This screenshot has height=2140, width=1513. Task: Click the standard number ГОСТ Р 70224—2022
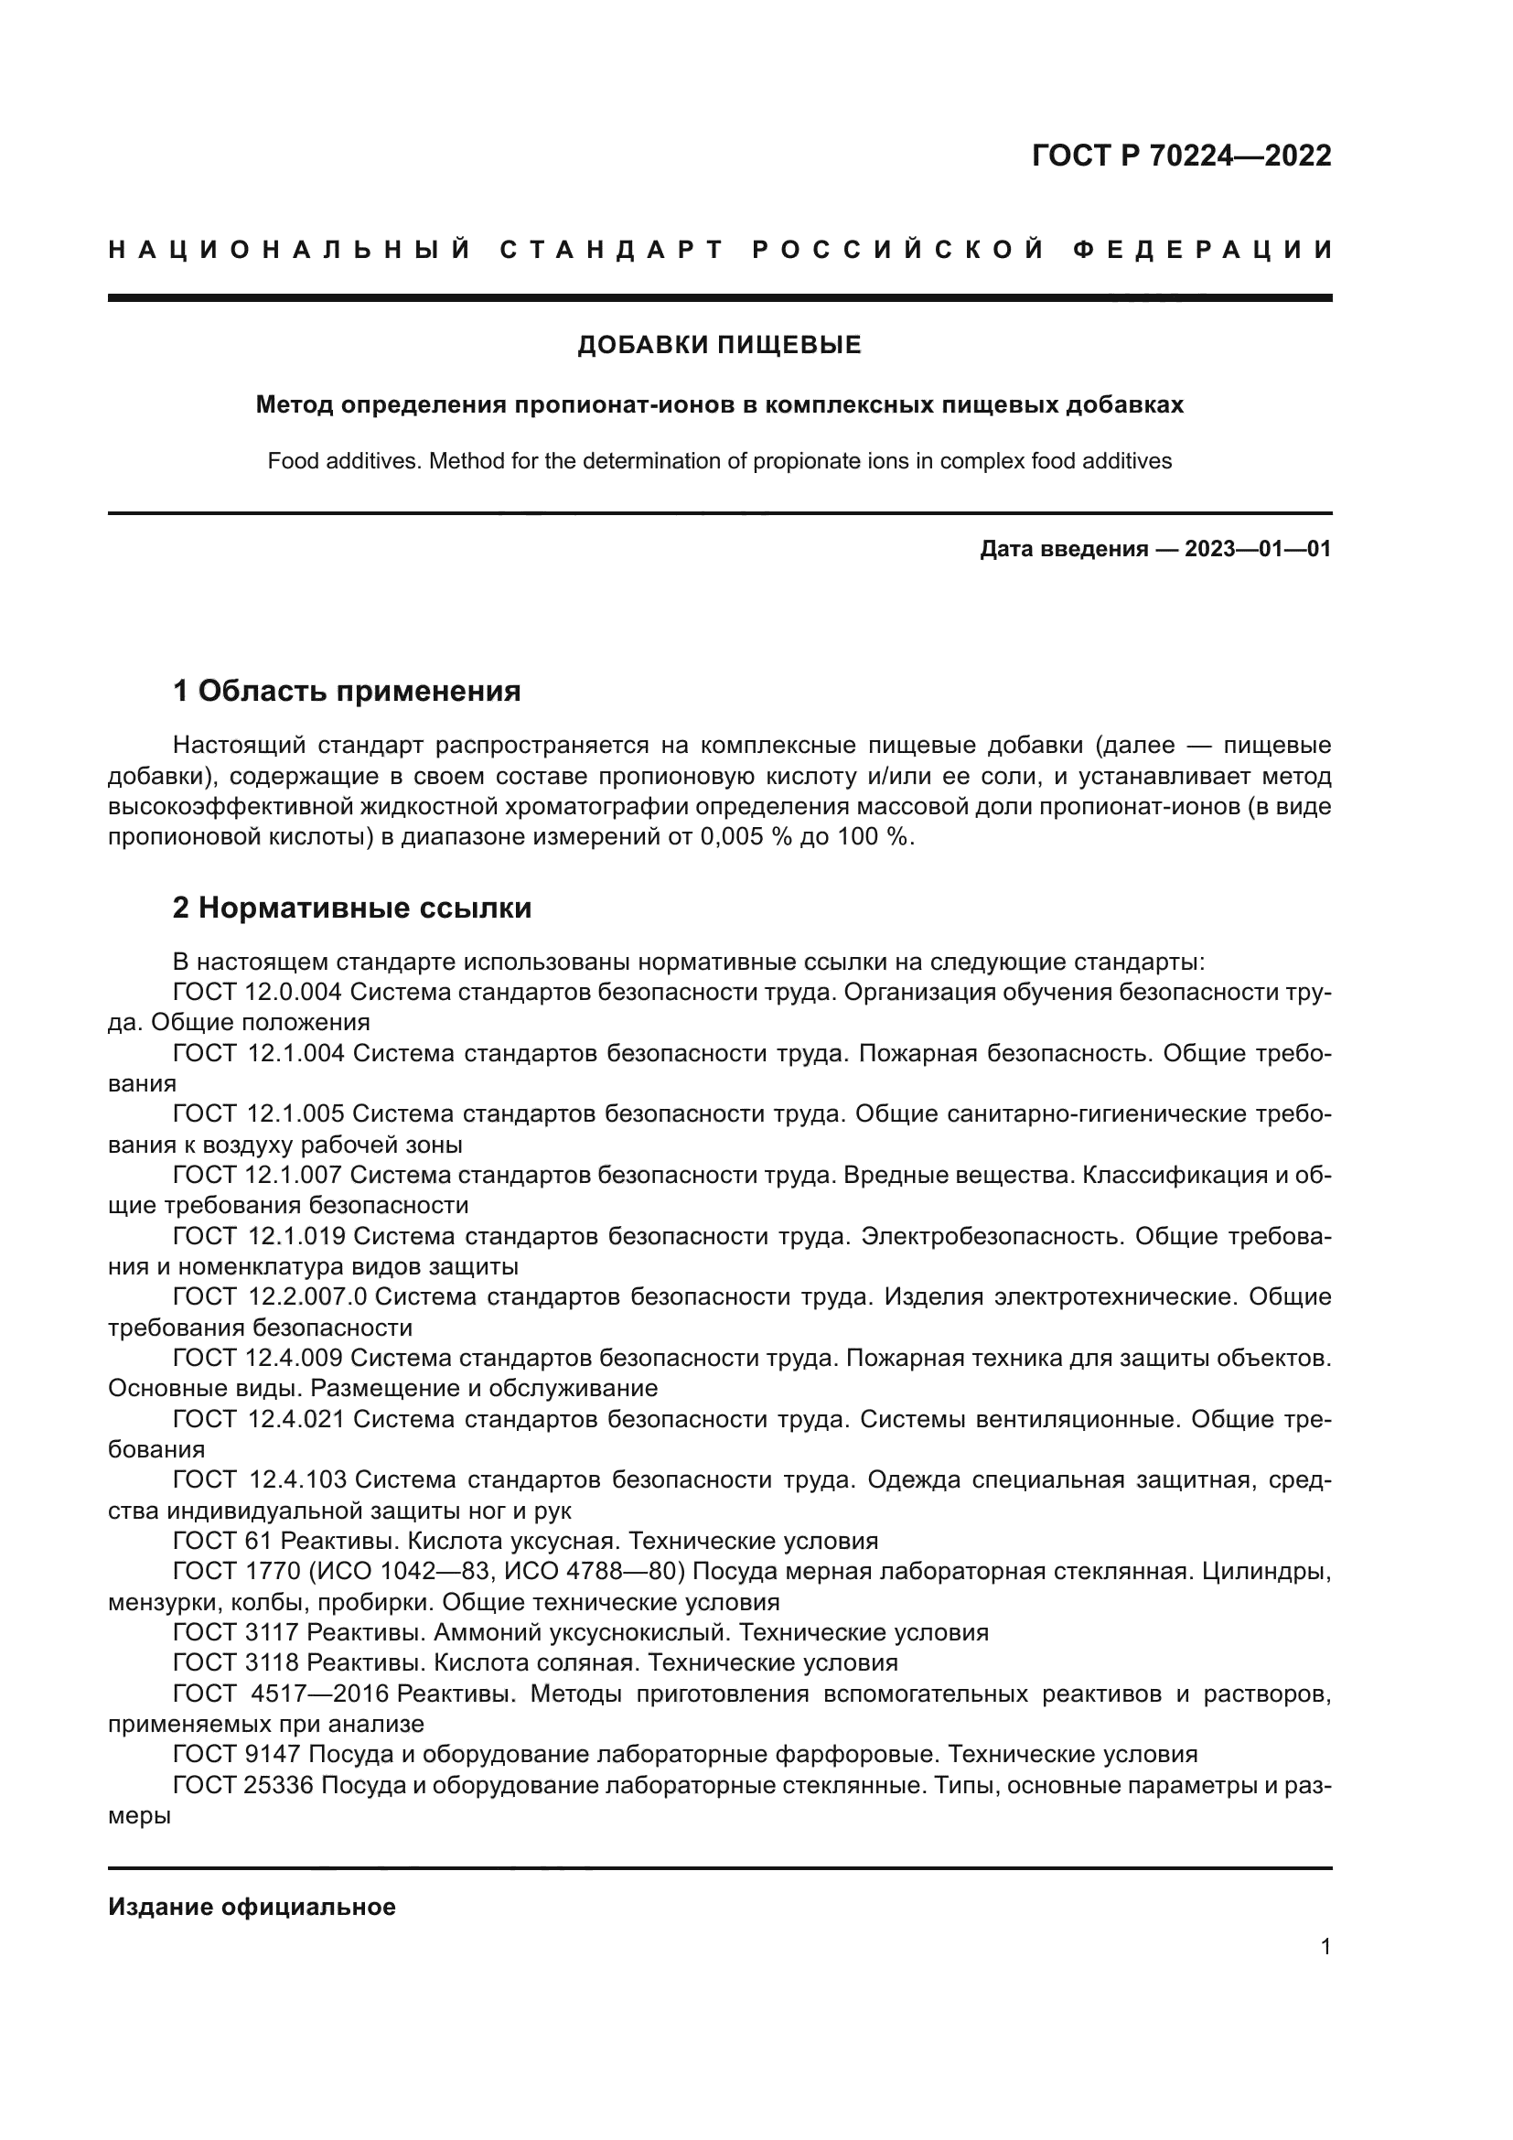coord(1180,156)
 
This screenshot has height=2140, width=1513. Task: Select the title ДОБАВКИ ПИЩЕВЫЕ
coord(719,346)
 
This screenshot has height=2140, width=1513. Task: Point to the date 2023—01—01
coord(1258,549)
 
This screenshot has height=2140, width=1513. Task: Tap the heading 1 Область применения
coord(347,691)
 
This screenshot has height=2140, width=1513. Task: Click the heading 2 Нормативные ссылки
coord(352,907)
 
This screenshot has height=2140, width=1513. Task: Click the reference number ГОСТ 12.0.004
coord(258,992)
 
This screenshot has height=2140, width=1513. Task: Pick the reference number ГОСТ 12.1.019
coord(259,1236)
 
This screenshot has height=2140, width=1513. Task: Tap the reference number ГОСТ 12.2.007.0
coord(270,1296)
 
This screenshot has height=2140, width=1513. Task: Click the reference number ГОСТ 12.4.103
coord(260,1479)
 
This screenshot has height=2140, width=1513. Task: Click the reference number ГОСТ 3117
coord(235,1632)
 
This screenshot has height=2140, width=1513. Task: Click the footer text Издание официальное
coord(252,1907)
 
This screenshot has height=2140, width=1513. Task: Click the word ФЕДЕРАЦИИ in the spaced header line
coord(1203,250)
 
